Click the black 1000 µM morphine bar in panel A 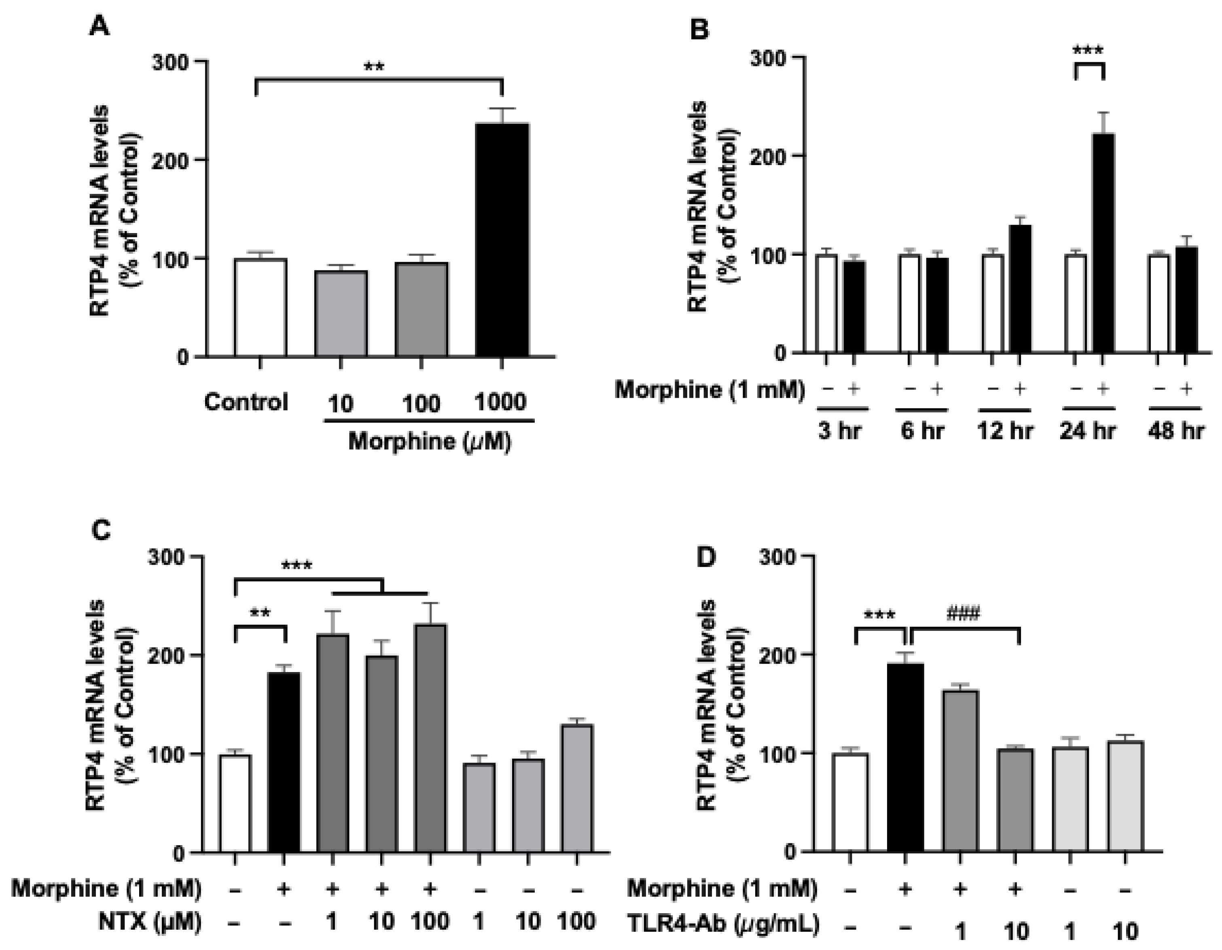pyautogui.click(x=502, y=240)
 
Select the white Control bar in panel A pyautogui.click(x=261, y=307)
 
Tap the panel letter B pyautogui.click(x=699, y=29)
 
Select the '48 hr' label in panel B pyautogui.click(x=1175, y=431)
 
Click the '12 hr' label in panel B pyautogui.click(x=1005, y=431)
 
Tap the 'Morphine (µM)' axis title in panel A pyautogui.click(x=429, y=442)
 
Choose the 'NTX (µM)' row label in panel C pyautogui.click(x=150, y=921)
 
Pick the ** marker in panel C pyautogui.click(x=260, y=613)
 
